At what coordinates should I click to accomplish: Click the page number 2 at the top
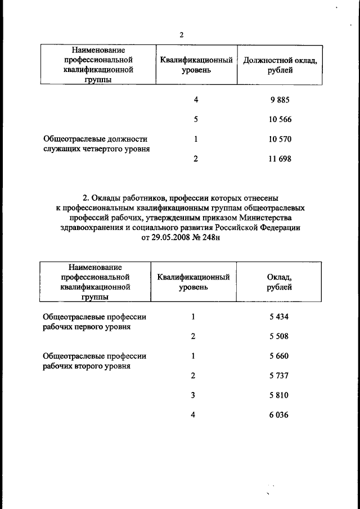tap(182, 35)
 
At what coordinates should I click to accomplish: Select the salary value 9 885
tap(280, 100)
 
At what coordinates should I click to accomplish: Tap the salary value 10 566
tap(280, 120)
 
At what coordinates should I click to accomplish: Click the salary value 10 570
tap(280, 139)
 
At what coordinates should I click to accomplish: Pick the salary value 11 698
tap(280, 159)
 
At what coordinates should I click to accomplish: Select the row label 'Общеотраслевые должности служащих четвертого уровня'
tap(95, 144)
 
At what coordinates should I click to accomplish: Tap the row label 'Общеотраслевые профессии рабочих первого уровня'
tap(94, 321)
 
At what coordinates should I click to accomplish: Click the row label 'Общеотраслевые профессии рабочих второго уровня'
tap(94, 361)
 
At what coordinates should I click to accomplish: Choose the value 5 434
tap(279, 317)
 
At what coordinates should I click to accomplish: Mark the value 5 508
tap(279, 336)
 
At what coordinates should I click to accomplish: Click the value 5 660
tap(279, 356)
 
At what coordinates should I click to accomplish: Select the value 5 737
tap(279, 376)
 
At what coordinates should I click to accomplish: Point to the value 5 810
tap(279, 395)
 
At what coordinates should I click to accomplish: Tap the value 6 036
tap(279, 415)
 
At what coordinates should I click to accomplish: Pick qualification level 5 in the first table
tap(195, 120)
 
